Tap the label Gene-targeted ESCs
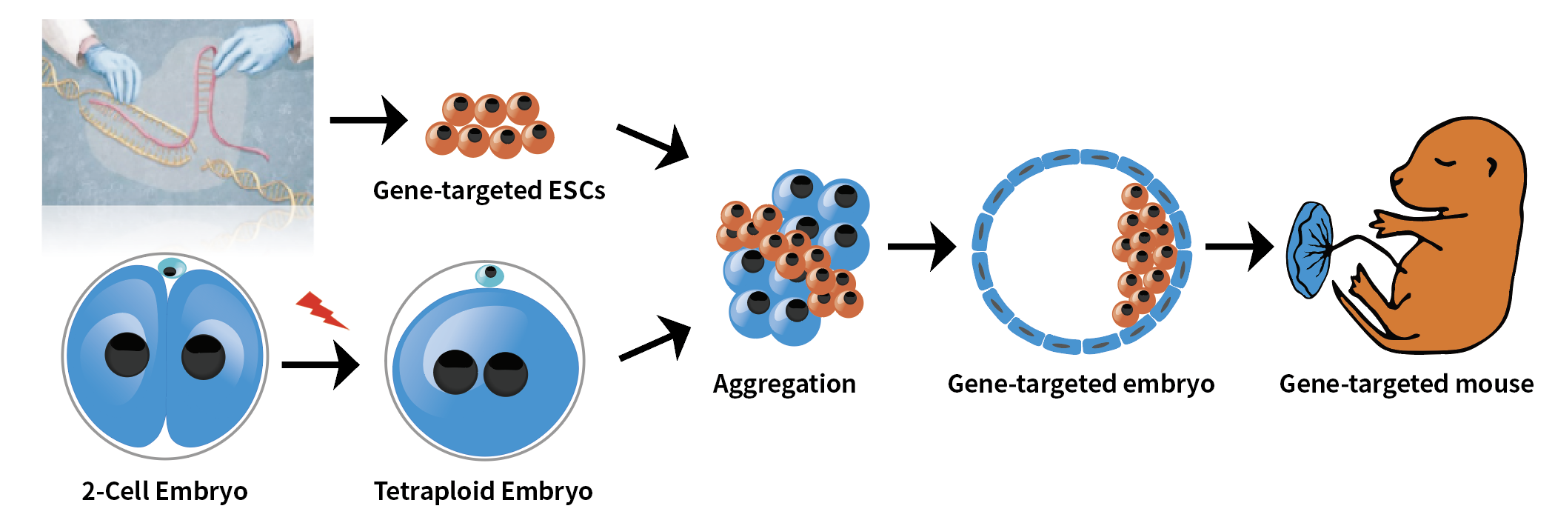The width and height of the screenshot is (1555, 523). (489, 191)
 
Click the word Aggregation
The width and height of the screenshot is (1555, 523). (784, 384)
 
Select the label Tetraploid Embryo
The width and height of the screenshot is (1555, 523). (483, 491)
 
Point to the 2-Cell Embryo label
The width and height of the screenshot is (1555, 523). (164, 491)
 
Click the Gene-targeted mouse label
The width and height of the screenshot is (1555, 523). (1405, 384)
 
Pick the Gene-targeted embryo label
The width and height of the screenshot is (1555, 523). (1080, 384)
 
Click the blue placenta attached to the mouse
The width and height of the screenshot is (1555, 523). (1309, 250)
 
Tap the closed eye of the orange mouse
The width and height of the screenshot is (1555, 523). (1445, 163)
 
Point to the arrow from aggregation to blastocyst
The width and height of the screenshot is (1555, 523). (923, 246)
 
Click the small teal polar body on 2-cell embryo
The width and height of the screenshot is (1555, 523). (172, 267)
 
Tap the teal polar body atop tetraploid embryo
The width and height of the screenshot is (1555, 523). (489, 275)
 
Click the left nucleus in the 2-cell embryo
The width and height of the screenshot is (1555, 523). (127, 355)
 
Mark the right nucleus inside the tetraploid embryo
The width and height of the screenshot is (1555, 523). (506, 373)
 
